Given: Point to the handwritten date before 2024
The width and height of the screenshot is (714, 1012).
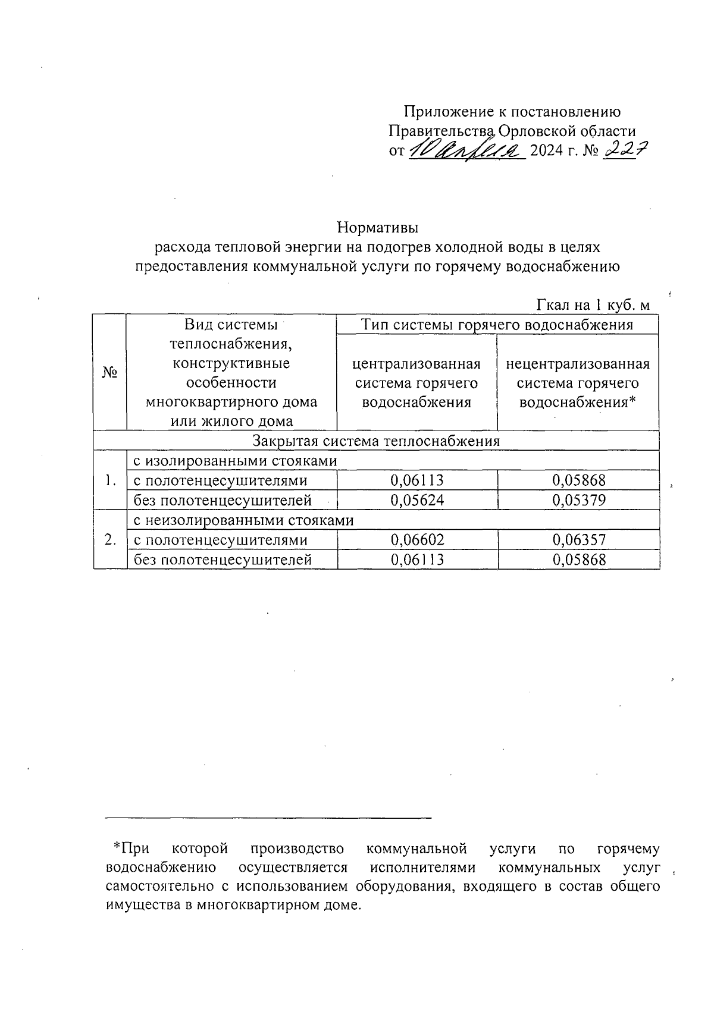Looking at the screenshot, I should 466,150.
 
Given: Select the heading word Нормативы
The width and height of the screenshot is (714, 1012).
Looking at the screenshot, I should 378,228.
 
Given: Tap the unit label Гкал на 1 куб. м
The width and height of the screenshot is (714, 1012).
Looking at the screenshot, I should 593,306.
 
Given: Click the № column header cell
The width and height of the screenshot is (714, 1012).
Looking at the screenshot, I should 110,373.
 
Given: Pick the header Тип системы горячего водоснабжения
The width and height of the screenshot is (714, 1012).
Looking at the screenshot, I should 497,325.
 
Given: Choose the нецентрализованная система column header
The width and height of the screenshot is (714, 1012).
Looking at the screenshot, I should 578,383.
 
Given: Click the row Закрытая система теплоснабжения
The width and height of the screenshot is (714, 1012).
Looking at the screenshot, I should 376,441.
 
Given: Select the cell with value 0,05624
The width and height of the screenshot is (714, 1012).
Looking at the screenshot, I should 417,501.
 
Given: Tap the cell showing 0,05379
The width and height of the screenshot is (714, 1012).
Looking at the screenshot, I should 579,501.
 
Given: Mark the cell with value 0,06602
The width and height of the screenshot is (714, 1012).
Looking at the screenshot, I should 417,540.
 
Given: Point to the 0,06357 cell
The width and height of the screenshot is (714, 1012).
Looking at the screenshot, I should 579,540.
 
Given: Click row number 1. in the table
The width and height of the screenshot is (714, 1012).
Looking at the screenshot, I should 110,480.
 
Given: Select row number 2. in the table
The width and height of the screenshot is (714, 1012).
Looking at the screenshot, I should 110,540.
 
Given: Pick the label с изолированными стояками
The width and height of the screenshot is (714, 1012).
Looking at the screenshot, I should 235,461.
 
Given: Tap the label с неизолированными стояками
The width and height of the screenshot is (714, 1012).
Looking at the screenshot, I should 243,520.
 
